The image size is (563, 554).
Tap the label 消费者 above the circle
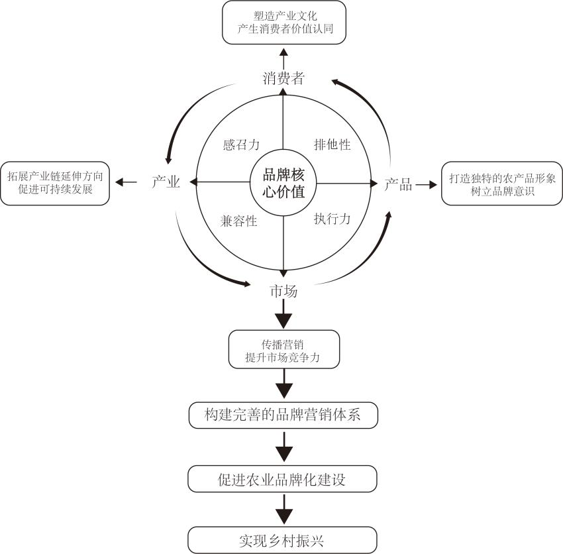pos(283,79)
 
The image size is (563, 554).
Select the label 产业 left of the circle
pos(166,183)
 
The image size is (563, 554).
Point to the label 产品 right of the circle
pos(398,185)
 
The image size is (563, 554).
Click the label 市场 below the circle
pos(283,291)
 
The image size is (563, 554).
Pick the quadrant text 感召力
pos(240,144)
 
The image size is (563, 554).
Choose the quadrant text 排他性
pos(332,144)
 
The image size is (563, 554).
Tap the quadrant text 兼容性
pos(238,221)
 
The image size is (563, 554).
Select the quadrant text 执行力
pos(332,219)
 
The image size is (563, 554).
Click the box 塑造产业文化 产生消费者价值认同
pos(283,23)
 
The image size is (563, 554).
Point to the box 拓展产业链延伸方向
pos(55,183)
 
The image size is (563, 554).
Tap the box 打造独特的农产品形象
pos(501,184)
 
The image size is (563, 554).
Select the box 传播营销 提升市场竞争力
pos(283,350)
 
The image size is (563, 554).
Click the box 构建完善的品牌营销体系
pos(283,415)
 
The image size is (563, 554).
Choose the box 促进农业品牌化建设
pos(283,479)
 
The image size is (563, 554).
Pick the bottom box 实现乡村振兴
pos(283,539)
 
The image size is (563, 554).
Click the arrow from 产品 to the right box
pos(425,185)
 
